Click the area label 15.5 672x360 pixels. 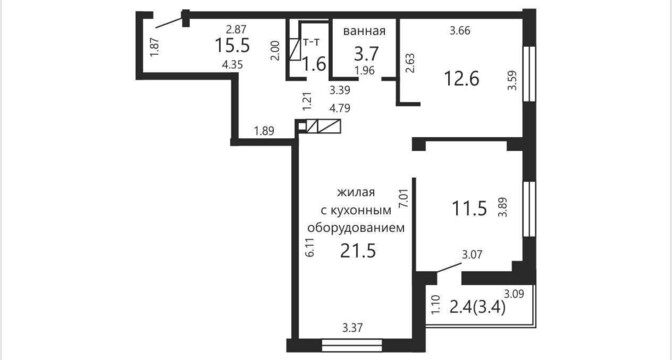pos(232,45)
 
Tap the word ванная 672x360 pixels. pos(364,31)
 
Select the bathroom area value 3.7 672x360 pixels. pos(366,54)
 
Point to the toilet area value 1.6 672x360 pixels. pos(314,64)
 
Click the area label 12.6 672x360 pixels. pos(461,79)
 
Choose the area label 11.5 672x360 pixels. pos(470,209)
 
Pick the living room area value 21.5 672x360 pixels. pos(358,251)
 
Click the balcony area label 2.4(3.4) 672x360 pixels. pos(478,306)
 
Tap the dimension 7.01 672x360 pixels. pos(402,198)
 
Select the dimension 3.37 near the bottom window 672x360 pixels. pos(353,329)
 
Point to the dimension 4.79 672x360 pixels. pos(339,108)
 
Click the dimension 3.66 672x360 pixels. pos(460,30)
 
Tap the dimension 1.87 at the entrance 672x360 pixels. pos(156,47)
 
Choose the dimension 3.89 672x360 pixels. pos(502,206)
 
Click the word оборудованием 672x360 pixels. pos(357,227)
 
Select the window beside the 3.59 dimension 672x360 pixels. pos(530,73)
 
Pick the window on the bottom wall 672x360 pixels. pos(351,345)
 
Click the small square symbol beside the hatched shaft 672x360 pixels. pos(302,126)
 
